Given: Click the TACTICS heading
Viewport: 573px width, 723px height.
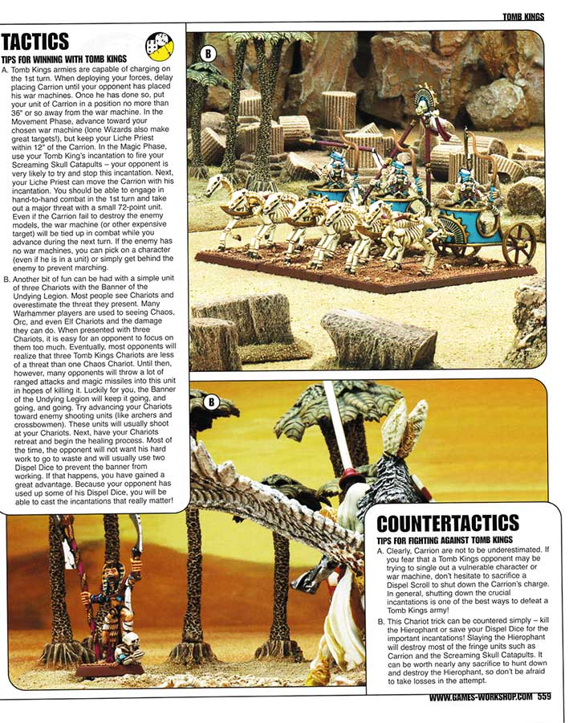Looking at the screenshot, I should [36, 41].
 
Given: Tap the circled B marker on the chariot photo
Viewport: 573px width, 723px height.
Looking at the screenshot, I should [208, 53].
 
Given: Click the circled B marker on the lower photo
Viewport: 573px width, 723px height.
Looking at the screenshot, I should [211, 401].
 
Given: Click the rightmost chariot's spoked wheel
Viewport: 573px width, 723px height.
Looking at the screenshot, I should [518, 243].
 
